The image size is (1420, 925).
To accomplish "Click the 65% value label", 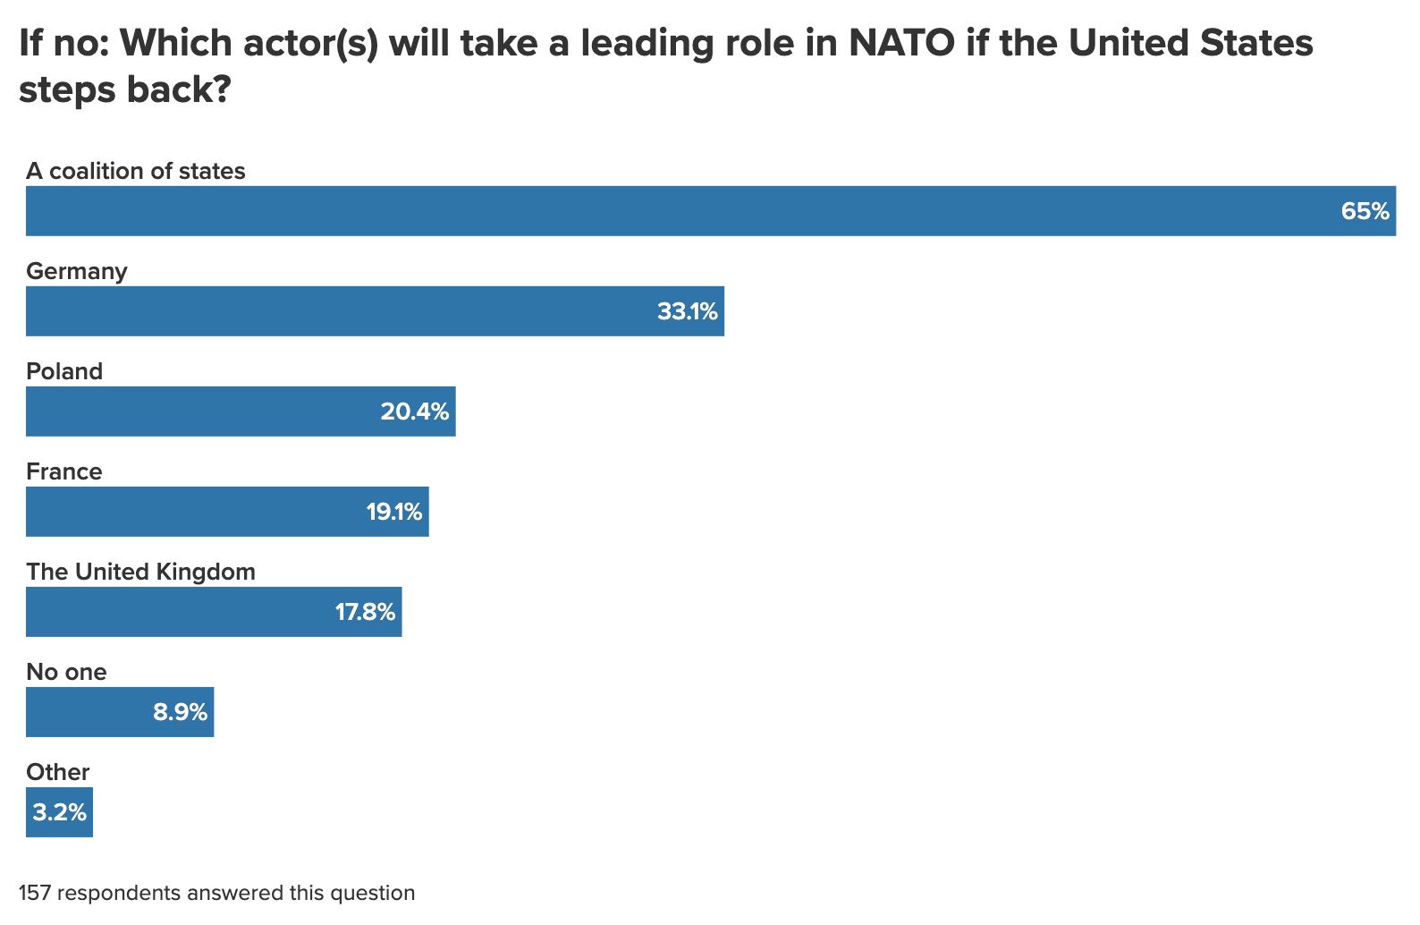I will coord(1365,211).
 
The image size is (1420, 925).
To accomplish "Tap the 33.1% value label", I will coord(687,311).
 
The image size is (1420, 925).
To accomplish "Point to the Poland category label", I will coord(64,371).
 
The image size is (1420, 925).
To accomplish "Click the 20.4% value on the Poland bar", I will coord(414,412).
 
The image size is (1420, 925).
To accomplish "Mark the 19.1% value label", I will coord(393,512).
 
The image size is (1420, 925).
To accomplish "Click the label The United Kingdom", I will coord(140,572).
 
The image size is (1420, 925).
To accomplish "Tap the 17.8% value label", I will coord(365,612).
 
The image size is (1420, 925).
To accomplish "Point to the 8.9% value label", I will coord(180,712).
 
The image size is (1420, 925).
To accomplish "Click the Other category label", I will coord(58,772).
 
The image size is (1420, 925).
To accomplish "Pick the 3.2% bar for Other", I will coord(59,812).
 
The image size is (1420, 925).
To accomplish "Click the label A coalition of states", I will coord(136,171).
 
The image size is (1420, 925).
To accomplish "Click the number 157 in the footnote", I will coord(34,893).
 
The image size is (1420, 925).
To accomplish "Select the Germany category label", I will coord(77,271).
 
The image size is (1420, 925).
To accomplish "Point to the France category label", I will coord(64,471).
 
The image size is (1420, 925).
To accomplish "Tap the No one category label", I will coord(66,672).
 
